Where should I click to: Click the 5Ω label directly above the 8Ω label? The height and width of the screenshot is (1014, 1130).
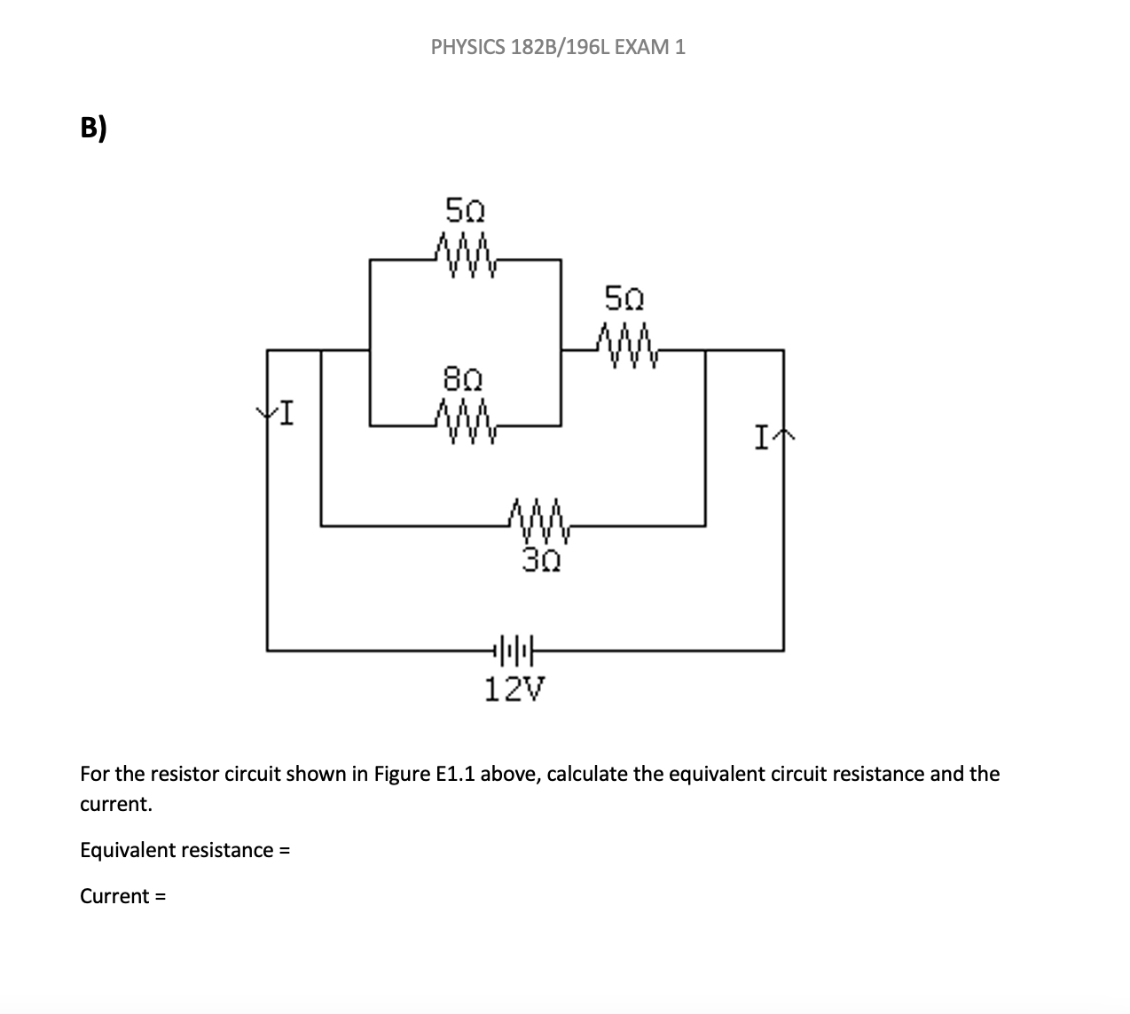coord(465,211)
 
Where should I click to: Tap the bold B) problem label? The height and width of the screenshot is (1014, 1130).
coord(93,129)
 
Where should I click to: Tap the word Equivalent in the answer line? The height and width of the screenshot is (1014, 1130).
coord(129,850)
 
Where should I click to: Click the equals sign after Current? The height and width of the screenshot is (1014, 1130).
coord(161,896)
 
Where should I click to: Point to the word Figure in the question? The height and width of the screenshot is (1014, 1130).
coord(401,774)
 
